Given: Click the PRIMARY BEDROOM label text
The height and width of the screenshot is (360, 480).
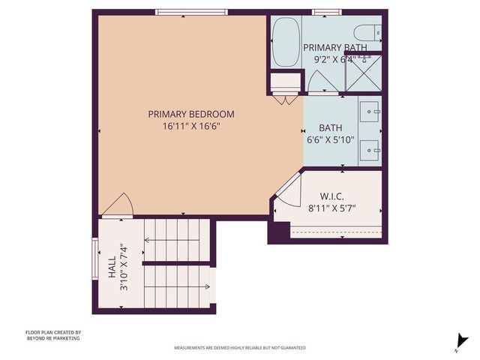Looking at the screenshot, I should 190,114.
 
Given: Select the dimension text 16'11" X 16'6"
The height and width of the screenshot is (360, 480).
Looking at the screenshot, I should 190,126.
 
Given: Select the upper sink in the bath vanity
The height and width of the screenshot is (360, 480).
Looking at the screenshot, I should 370,112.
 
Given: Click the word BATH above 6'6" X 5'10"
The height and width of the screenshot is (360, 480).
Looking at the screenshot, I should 330,127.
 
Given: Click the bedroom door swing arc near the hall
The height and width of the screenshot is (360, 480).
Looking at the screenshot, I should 118,203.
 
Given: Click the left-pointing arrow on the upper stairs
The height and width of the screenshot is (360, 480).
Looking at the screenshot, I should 148,241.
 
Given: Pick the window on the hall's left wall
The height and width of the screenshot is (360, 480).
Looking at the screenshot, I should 94,262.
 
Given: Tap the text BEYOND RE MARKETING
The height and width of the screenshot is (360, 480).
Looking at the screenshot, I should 52,338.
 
